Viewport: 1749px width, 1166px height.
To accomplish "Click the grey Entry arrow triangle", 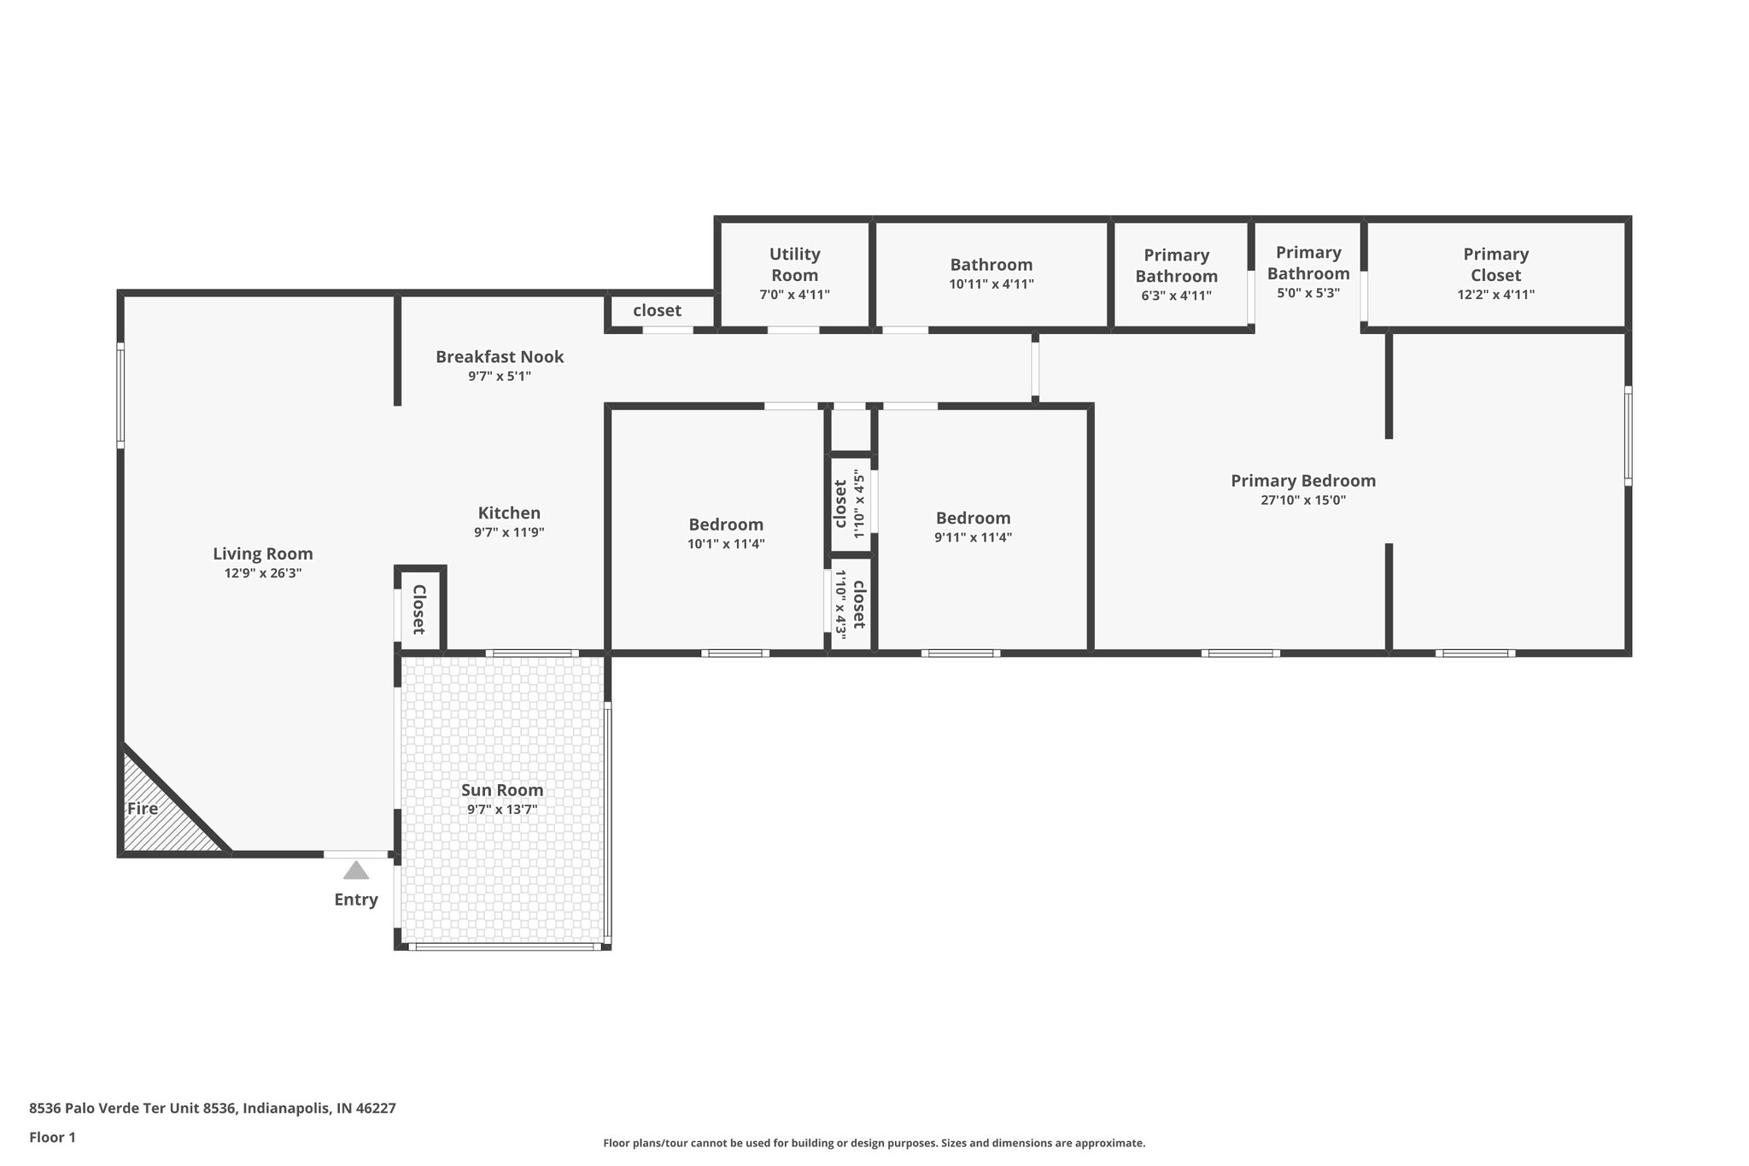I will click(x=356, y=871).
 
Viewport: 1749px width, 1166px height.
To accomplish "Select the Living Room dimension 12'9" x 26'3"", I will click(x=263, y=573).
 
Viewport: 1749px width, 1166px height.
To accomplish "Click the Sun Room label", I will click(x=502, y=790).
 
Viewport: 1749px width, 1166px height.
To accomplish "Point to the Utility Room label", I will click(x=794, y=264).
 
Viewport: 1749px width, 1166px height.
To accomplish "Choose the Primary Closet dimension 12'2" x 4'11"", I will click(x=1495, y=295).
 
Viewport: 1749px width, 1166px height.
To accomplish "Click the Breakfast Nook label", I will click(x=500, y=356).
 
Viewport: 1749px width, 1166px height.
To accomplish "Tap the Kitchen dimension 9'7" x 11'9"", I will click(x=509, y=532).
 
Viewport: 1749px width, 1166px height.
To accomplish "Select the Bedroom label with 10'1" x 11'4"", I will click(x=726, y=524).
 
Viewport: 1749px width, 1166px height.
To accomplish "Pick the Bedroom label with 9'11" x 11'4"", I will click(x=973, y=518).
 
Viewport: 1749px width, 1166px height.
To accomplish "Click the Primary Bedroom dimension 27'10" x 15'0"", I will click(x=1303, y=501).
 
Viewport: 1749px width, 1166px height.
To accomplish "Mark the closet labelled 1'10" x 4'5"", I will click(x=841, y=503).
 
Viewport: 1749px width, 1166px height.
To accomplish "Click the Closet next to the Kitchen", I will click(x=418, y=609).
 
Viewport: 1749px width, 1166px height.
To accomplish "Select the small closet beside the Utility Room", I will click(x=657, y=311).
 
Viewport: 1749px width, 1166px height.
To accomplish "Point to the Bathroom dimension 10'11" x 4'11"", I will click(x=991, y=284).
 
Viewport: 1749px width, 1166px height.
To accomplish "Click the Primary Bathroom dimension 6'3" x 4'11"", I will click(x=1176, y=296).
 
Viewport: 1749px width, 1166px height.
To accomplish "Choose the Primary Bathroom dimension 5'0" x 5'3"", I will click(x=1307, y=292).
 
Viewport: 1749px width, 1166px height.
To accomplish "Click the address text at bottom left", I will click(x=213, y=1108).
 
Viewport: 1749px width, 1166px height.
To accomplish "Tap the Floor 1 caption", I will click(x=52, y=1137).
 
